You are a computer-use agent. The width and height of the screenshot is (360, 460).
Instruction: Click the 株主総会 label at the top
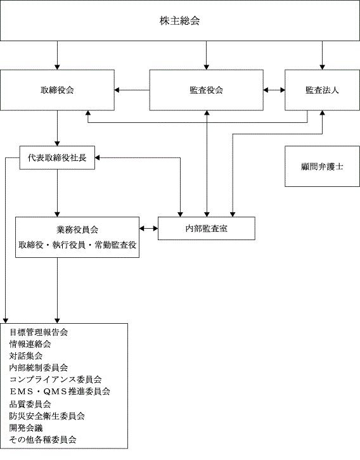tap(179, 21)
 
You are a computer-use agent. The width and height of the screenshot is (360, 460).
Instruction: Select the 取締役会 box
tap(57, 90)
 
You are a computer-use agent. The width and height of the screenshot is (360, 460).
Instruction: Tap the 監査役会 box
tap(206, 90)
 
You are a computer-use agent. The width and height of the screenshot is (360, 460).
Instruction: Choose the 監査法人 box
tap(322, 90)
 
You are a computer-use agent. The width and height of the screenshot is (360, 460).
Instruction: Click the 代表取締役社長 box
tap(57, 158)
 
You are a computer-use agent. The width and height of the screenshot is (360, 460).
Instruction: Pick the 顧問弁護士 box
tap(322, 167)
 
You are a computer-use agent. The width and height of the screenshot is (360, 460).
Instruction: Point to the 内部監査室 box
tap(206, 229)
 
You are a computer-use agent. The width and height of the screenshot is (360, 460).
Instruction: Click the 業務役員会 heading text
tap(77, 230)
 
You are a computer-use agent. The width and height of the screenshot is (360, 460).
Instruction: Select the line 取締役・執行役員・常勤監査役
tap(77, 245)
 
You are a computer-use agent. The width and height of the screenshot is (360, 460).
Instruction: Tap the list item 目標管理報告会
tap(39, 332)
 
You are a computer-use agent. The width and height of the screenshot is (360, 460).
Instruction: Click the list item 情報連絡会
tap(30, 344)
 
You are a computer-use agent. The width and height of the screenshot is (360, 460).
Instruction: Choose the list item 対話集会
tap(26, 356)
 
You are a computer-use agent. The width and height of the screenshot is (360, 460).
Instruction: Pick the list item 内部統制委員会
tap(39, 367)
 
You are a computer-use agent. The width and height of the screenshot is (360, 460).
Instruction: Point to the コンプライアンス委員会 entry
tap(56, 380)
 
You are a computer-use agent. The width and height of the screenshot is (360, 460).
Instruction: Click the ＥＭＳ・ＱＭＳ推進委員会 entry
tap(60, 392)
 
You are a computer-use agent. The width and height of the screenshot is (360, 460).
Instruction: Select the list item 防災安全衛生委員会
tap(48, 416)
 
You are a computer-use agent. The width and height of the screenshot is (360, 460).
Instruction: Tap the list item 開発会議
tap(26, 428)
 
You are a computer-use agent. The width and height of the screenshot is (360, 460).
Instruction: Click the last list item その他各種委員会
tap(43, 440)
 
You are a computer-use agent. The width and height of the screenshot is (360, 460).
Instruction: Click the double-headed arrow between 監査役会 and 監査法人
tap(274, 90)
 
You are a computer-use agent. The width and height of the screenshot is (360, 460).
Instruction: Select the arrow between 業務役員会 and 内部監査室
tap(148, 229)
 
